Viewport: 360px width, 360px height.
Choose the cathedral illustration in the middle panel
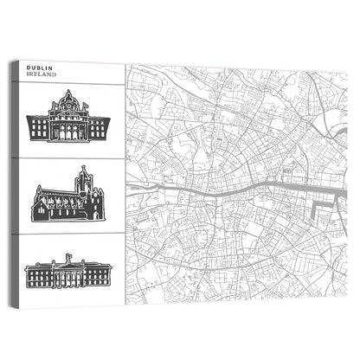tap(68, 202)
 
